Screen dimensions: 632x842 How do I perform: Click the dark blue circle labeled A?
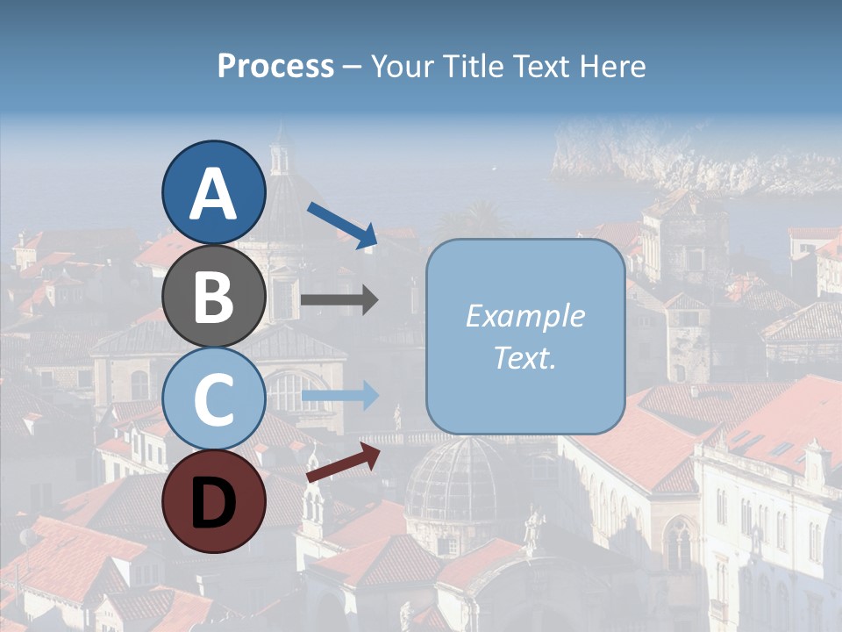[x=213, y=193]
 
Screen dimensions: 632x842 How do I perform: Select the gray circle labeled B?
[x=213, y=297]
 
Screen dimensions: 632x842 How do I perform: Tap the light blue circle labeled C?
[x=213, y=399]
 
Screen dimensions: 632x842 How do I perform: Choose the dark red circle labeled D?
[x=213, y=501]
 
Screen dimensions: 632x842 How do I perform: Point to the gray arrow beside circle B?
[x=339, y=300]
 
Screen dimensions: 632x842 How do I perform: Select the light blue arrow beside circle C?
[x=340, y=396]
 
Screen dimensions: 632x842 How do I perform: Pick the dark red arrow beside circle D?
[x=343, y=462]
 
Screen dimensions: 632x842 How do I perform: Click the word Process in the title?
[x=275, y=67]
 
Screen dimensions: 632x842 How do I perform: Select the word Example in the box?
[x=524, y=317]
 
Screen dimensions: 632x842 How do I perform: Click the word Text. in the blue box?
[x=524, y=357]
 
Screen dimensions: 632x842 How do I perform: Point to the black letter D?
[x=213, y=503]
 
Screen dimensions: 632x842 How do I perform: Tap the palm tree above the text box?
[x=478, y=219]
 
